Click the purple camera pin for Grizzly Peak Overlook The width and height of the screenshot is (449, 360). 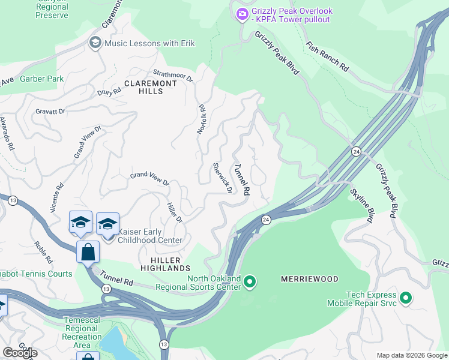point(243,14)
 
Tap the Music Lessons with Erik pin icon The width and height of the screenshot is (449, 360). point(95,43)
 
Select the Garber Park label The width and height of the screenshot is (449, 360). point(41,79)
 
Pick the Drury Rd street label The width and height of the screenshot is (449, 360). point(109,92)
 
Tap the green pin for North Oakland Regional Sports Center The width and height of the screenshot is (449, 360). point(250,281)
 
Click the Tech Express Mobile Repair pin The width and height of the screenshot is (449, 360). point(406,298)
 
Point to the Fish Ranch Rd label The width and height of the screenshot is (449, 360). point(327,56)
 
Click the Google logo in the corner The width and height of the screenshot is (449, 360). point(19,353)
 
